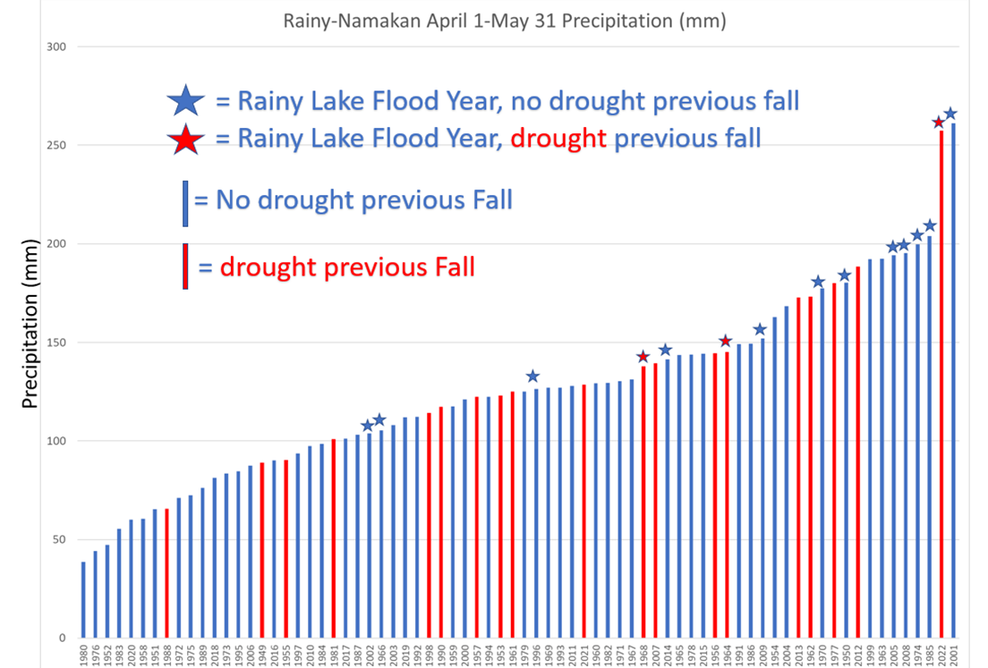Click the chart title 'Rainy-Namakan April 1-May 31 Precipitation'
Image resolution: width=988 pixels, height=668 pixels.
pyautogui.click(x=504, y=21)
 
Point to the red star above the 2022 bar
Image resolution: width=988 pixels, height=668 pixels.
pyautogui.click(x=938, y=123)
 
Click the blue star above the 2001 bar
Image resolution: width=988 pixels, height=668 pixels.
pyautogui.click(x=950, y=114)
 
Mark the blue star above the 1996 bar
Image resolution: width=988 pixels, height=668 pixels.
pyautogui.click(x=532, y=376)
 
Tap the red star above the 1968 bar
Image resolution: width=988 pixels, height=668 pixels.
pyautogui.click(x=642, y=357)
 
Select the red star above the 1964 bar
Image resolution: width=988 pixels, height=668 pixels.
pyautogui.click(x=726, y=341)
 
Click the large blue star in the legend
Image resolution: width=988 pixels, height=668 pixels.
pyautogui.click(x=185, y=100)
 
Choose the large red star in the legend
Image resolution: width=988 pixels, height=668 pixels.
pyautogui.click(x=185, y=139)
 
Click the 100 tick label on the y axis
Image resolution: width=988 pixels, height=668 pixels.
pyautogui.click(x=60, y=441)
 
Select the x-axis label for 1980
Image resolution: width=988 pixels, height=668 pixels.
pyautogui.click(x=83, y=655)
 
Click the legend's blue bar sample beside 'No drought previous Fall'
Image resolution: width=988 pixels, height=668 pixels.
pyautogui.click(x=185, y=204)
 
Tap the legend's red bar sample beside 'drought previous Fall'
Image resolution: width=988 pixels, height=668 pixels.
pyautogui.click(x=185, y=266)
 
